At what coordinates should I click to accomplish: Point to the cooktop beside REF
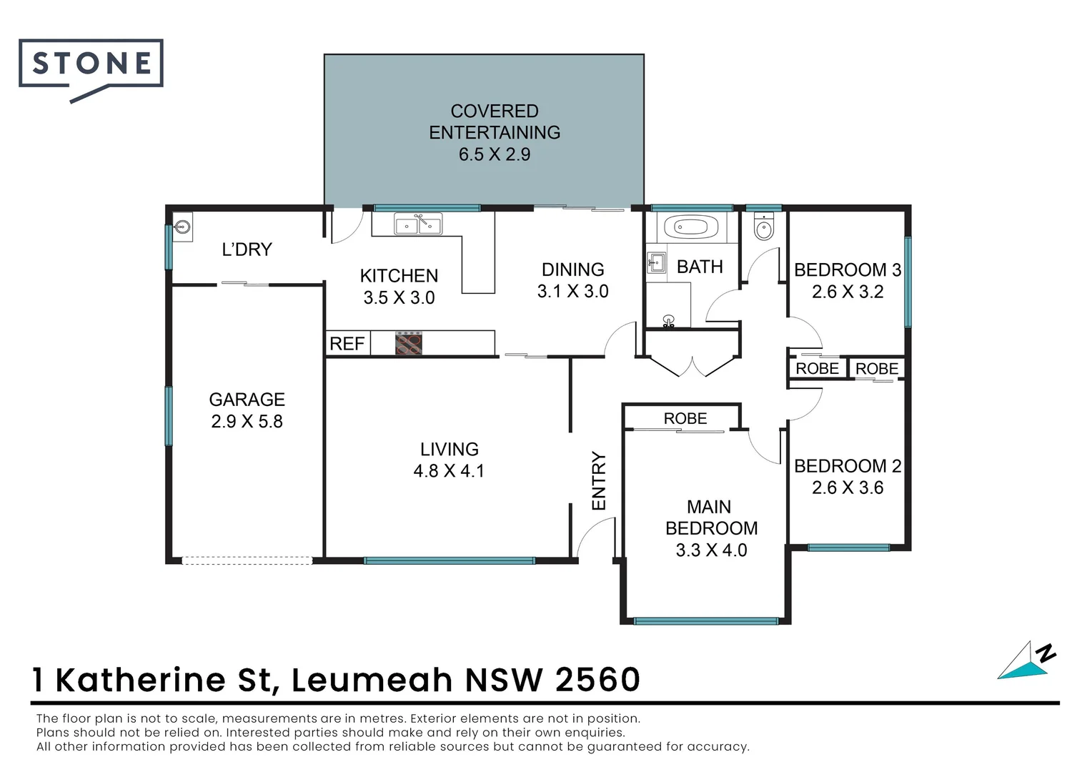pos(409,343)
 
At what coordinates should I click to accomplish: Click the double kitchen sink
pos(418,226)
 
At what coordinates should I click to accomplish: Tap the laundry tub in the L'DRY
pos(183,228)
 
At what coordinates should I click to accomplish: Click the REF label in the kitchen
pos(347,344)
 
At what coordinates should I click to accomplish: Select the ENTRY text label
pos(599,481)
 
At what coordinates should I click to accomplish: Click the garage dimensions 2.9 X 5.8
pos(247,422)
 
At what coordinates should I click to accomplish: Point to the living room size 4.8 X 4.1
pos(449,471)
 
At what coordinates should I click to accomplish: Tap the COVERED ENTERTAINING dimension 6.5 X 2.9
pos(495,154)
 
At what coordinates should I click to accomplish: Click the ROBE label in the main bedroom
pos(685,419)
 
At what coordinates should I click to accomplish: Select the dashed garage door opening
pos(247,560)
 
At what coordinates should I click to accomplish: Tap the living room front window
pos(449,561)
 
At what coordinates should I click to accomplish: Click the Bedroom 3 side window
pos(908,282)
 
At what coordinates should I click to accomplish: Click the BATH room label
pos(700,267)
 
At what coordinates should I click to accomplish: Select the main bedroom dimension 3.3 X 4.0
pos(711,550)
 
